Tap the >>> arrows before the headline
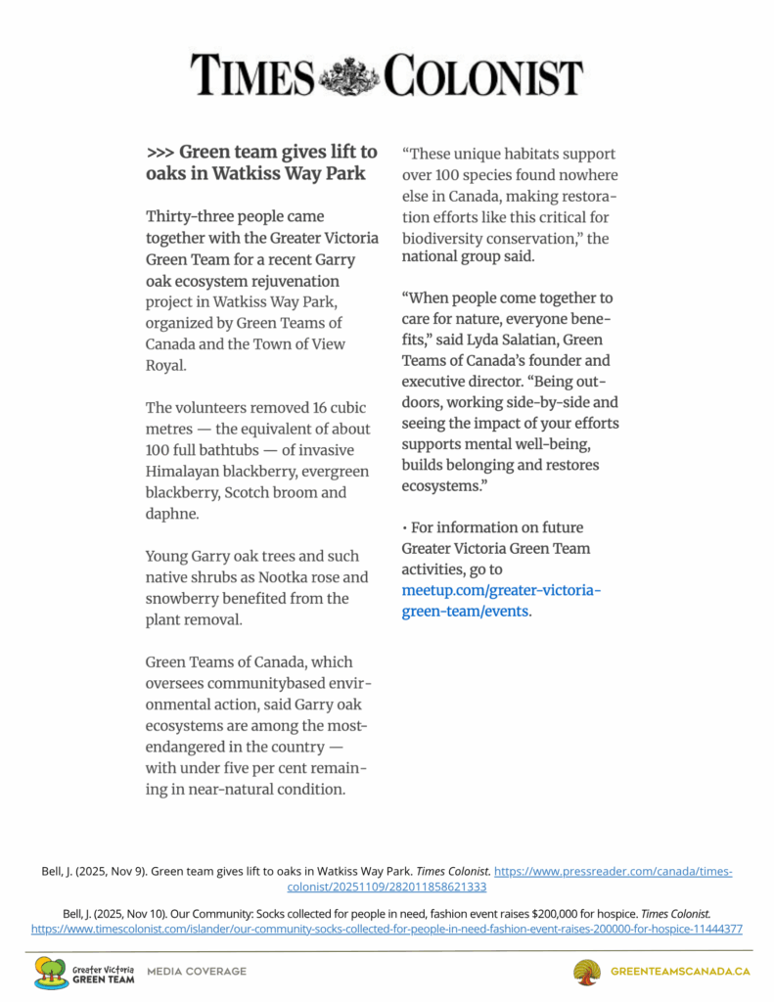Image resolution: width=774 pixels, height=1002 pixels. [160, 153]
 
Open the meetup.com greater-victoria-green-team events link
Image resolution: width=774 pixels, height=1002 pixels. [501, 601]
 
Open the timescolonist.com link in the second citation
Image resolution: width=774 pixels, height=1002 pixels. [387, 928]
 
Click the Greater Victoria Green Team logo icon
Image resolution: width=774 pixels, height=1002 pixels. [51, 973]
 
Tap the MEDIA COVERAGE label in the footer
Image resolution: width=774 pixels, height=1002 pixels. [197, 972]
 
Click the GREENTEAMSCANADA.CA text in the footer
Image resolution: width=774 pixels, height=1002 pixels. [680, 972]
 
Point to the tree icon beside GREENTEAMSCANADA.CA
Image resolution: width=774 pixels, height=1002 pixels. [587, 973]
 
